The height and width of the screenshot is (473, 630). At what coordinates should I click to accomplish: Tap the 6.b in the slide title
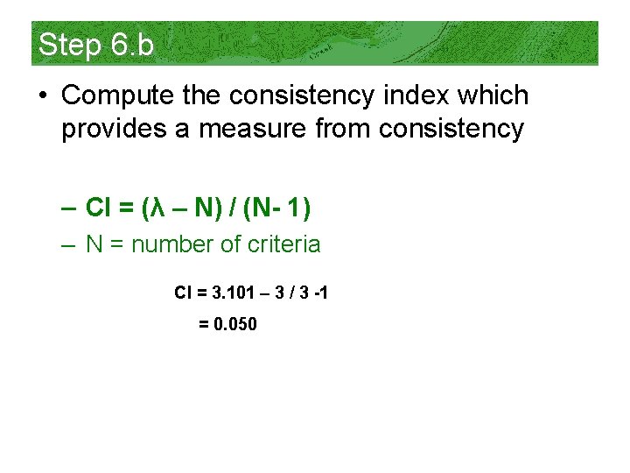(x=133, y=44)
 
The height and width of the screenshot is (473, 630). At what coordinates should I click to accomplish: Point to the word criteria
(x=284, y=244)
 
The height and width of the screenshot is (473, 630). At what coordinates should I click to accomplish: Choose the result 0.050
(x=234, y=324)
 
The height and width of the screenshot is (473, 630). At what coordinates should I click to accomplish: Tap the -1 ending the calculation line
(x=320, y=293)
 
